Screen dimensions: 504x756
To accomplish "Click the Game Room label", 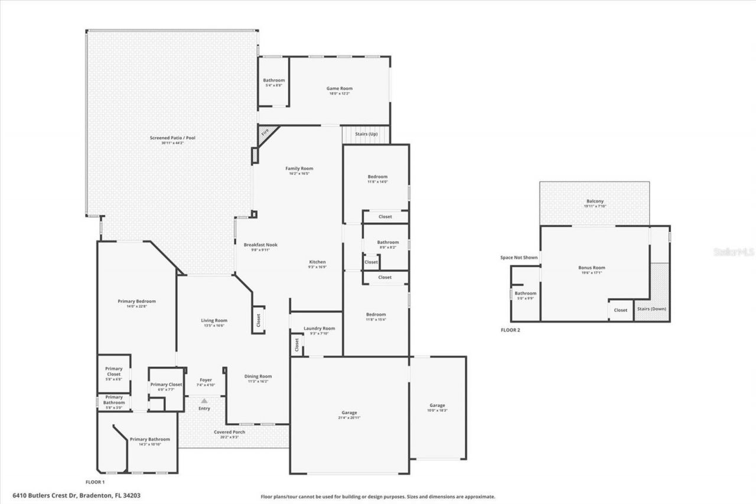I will coord(340,89).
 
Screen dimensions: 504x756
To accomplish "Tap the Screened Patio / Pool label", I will coord(172,138).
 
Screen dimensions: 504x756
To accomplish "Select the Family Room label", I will coord(299,168).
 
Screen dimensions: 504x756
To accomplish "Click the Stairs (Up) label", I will coord(366,134).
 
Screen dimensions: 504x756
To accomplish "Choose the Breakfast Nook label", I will coord(260,245).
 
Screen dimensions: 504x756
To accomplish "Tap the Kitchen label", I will coord(317,262).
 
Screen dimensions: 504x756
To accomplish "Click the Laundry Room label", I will coord(319,329).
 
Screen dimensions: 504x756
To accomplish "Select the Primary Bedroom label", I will coord(136,301).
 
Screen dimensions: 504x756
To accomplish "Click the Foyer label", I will coord(206,380).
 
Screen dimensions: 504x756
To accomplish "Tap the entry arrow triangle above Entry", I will coord(204,401).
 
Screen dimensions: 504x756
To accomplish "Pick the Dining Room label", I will coord(258,376).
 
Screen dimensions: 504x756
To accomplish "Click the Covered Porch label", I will coord(230,432).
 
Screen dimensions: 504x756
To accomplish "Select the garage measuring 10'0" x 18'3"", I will coord(437,407).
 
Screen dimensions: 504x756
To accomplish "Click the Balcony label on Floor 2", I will coord(594,201).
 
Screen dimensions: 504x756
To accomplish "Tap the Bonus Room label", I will coord(591,268).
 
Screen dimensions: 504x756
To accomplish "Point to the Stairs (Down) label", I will coord(651,309).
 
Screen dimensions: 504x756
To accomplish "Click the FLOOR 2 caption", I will coord(510,330).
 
